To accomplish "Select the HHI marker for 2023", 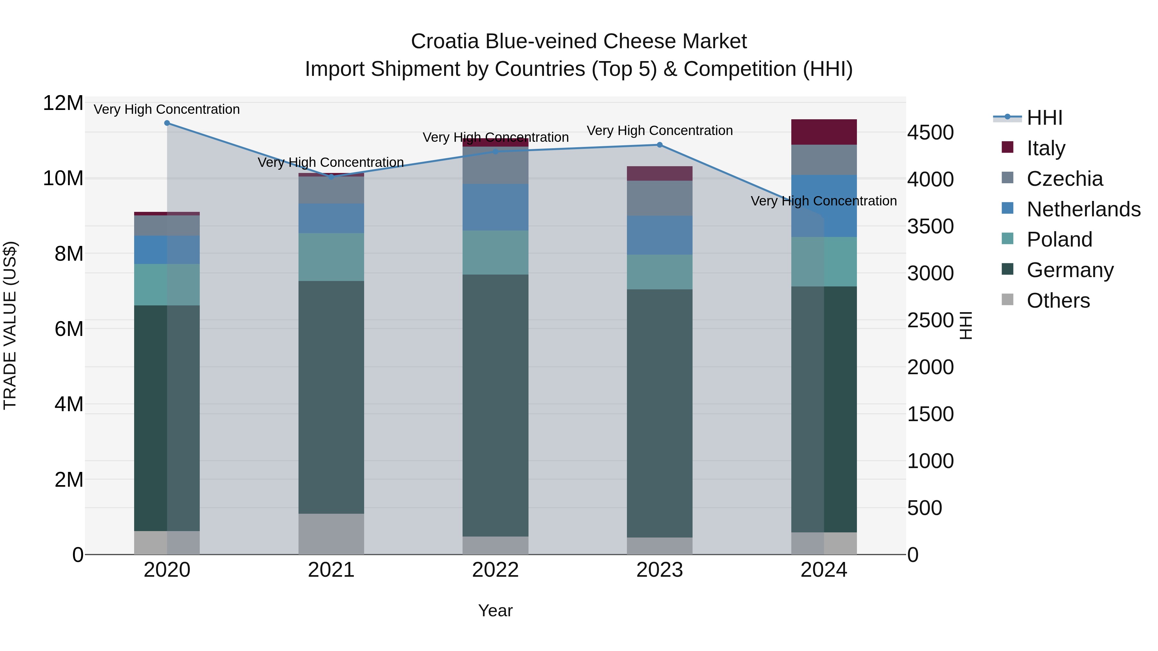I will pyautogui.click(x=659, y=145).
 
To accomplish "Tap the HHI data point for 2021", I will pyautogui.click(x=331, y=176).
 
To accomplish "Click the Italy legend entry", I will pyautogui.click(x=1046, y=148).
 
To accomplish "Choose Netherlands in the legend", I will pyautogui.click(x=1083, y=209).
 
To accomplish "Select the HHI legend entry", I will pyautogui.click(x=1044, y=117).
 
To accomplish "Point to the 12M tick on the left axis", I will pyautogui.click(x=63, y=103).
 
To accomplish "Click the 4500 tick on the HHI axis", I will pyautogui.click(x=930, y=132).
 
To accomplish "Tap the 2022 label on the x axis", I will pyautogui.click(x=495, y=570).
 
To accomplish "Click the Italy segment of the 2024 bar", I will pyautogui.click(x=824, y=132).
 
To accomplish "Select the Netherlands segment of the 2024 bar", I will pyautogui.click(x=824, y=206).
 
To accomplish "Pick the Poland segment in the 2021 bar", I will pyautogui.click(x=331, y=257).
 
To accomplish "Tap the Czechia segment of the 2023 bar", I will pyautogui.click(x=659, y=198).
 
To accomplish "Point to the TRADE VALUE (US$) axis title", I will pyautogui.click(x=10, y=325).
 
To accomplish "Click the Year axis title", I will pyautogui.click(x=495, y=610).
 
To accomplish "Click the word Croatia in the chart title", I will pyautogui.click(x=445, y=41).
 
